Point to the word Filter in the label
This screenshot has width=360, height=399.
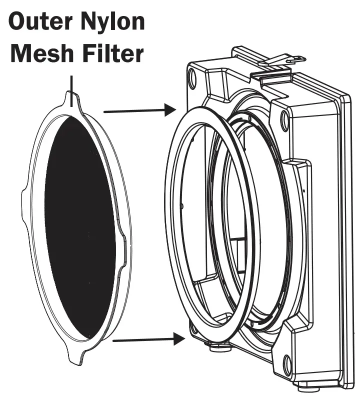pyautogui.click(x=108, y=53)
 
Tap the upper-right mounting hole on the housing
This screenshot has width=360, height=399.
pyautogui.click(x=284, y=119)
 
